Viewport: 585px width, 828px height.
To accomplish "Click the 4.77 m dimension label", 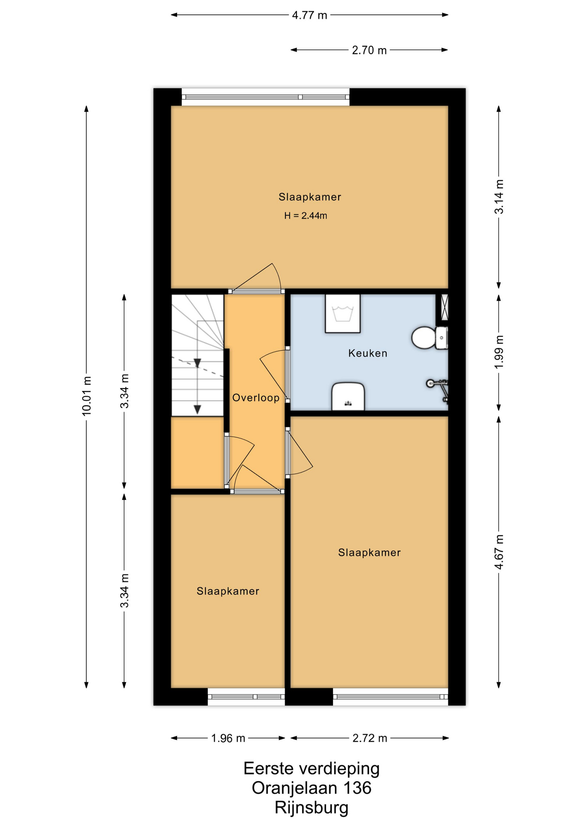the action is click(309, 15).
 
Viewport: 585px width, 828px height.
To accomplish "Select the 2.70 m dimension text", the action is click(369, 50).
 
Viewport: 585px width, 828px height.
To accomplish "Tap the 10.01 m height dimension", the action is click(87, 396).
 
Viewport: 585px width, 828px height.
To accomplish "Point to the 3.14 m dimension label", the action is click(499, 197).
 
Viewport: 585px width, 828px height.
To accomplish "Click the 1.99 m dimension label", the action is click(499, 351).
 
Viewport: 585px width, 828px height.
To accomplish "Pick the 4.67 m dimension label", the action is click(499, 552).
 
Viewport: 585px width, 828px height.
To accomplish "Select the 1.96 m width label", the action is click(228, 738).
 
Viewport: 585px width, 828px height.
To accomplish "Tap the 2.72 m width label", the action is click(370, 738).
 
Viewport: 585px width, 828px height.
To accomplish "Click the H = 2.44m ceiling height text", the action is click(305, 216).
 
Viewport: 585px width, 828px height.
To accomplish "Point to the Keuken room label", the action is click(367, 353).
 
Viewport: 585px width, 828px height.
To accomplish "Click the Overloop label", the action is click(256, 398).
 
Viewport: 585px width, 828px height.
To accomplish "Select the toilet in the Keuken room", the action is click(429, 338).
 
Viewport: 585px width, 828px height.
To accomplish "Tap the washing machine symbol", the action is click(342, 314).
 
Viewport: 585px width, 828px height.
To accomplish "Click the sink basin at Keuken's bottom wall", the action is click(348, 396).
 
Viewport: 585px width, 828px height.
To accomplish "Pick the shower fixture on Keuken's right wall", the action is click(438, 390).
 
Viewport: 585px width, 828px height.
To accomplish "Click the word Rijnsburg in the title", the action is click(311, 807).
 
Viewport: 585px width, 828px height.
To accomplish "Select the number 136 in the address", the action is click(357, 788).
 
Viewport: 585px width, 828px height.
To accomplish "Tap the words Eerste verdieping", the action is click(311, 768).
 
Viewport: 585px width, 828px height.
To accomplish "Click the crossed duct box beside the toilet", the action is click(444, 307).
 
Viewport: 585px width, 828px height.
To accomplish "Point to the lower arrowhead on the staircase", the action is click(197, 410).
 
